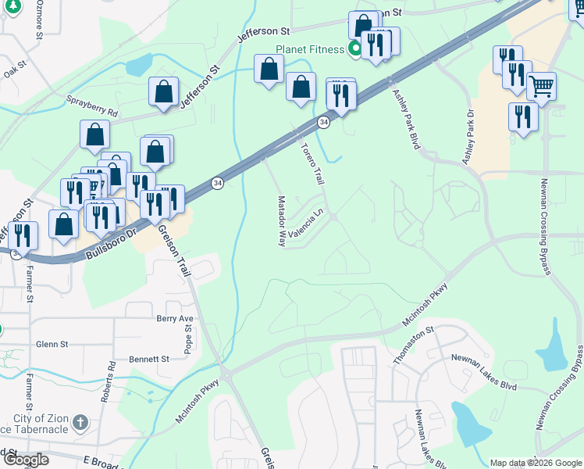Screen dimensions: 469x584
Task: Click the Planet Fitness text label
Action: click(309, 50)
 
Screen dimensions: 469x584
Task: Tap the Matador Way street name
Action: click(282, 221)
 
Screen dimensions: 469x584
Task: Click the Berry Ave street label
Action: click(174, 319)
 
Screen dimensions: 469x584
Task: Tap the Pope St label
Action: click(188, 338)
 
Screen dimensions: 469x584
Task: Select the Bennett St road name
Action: click(149, 359)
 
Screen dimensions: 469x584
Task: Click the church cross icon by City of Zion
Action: click(78, 424)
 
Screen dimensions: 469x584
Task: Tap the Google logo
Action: click(26, 460)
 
